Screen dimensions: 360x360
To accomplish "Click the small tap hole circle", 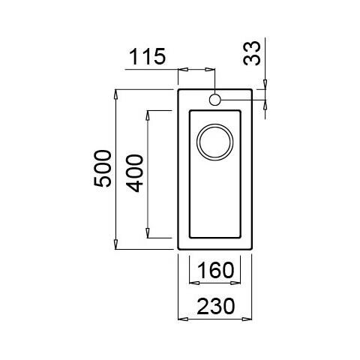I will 215,100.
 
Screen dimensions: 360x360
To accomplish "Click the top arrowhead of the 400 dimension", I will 148,113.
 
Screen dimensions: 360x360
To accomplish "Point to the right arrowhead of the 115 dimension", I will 212,69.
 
